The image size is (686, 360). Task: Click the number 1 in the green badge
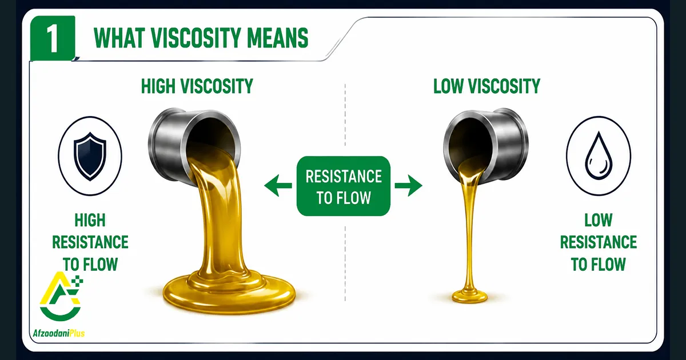[x=53, y=38]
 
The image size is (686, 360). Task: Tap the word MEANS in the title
[x=277, y=38]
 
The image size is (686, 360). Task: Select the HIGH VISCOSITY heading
[x=197, y=86]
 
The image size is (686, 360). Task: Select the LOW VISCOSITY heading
[x=486, y=86]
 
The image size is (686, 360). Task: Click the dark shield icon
[x=90, y=156]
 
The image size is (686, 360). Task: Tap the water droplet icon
[x=598, y=155]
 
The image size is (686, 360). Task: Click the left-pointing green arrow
[x=278, y=185]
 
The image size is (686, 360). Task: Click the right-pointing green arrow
[x=409, y=185]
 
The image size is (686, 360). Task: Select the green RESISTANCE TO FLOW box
[x=344, y=186]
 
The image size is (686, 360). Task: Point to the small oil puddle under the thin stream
[x=469, y=296]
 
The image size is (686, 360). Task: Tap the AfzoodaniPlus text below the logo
[x=58, y=333]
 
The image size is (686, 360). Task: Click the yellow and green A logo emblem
[x=61, y=296]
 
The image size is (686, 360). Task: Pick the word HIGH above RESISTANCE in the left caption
[x=90, y=220]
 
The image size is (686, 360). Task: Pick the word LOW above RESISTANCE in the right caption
[x=598, y=220]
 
